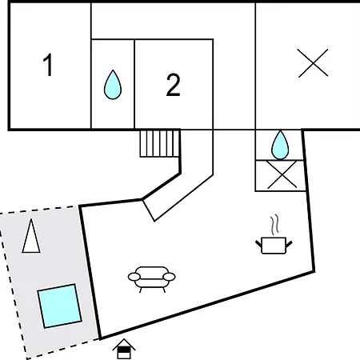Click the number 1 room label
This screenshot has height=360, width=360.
click(48, 65)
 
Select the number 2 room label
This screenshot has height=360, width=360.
click(174, 85)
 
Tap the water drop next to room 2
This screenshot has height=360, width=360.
click(113, 85)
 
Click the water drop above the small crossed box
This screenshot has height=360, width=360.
click(280, 145)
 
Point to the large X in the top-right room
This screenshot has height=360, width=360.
click(313, 63)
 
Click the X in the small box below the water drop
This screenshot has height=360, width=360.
click(282, 174)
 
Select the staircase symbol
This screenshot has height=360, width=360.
click(160, 143)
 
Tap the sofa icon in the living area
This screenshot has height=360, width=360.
click(152, 279)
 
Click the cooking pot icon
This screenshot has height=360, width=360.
click(274, 245)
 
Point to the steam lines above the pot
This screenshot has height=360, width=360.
click(274, 225)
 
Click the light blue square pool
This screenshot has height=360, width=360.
click(59, 306)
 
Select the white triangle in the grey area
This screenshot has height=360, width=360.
click(31, 236)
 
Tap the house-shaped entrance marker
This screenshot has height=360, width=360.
click(124, 349)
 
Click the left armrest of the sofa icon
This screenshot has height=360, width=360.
click(134, 277)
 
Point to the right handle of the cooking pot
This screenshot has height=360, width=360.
click(289, 244)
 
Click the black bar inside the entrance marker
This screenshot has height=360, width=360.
click(124, 350)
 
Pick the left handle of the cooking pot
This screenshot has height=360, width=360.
click(258, 244)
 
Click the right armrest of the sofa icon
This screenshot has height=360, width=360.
click(170, 277)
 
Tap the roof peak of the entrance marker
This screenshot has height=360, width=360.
click(124, 339)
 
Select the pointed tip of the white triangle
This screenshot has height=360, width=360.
click(31, 219)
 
